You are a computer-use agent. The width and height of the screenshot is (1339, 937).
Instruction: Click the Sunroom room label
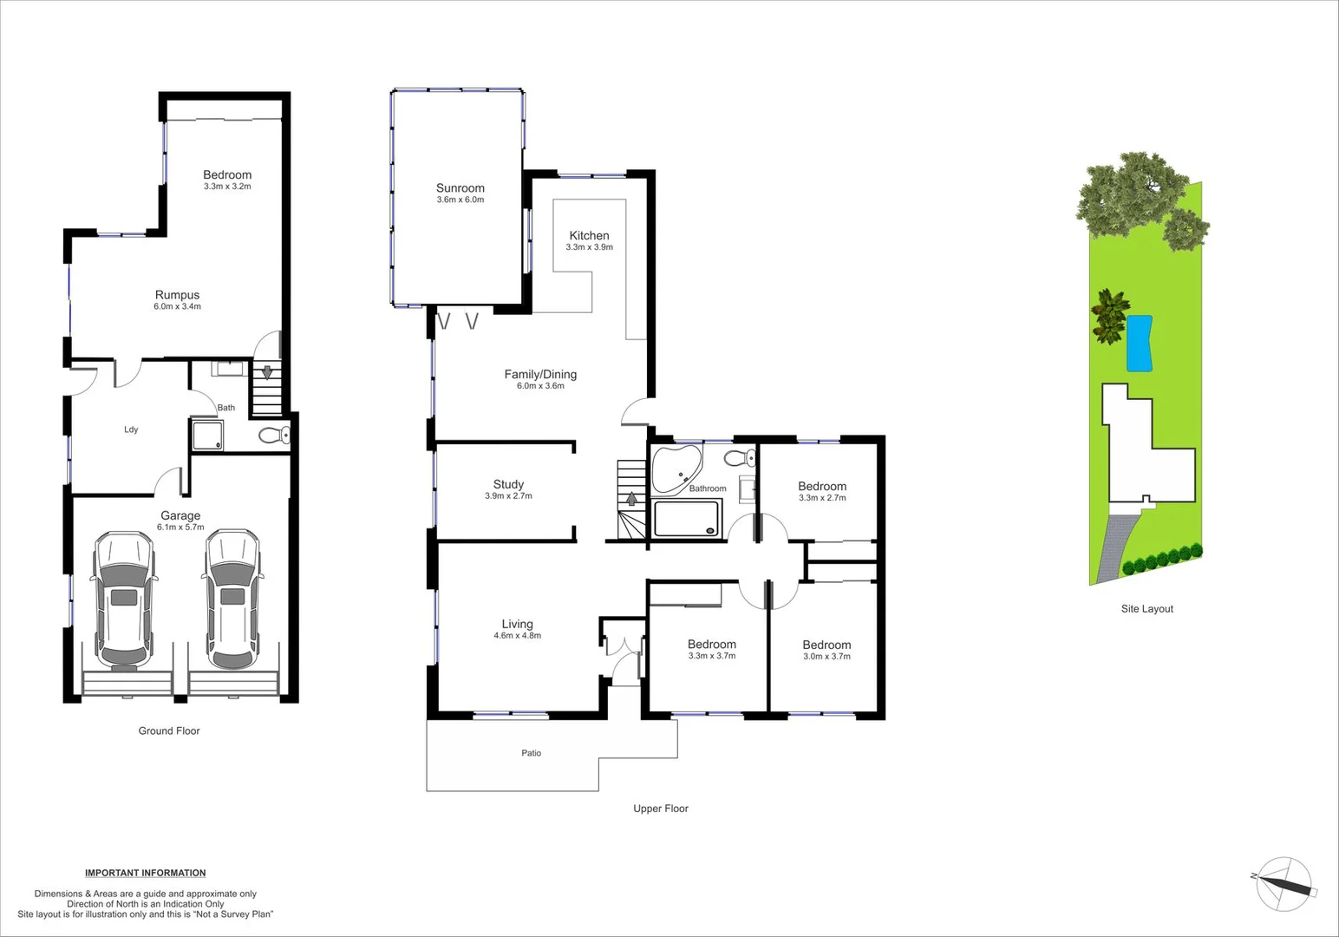pos(460,187)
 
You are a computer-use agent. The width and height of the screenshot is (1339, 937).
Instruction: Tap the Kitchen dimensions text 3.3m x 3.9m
pos(589,247)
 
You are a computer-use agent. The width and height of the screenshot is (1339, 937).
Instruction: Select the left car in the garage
pos(124,600)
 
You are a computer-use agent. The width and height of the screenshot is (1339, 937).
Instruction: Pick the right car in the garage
pos(232,600)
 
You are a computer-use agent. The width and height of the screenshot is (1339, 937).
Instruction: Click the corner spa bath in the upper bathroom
pos(676,468)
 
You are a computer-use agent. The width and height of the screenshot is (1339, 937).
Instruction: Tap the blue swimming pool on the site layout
pos(1139,343)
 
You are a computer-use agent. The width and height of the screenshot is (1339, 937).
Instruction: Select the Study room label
pos(508,484)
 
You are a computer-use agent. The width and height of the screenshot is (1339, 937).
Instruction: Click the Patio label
pos(531,753)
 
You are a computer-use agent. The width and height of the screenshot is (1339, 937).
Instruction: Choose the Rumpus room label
pos(177,295)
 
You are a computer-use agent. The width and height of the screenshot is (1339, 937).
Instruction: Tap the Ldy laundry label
pos(131,429)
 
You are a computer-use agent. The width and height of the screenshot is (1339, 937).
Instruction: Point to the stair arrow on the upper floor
pos(631,499)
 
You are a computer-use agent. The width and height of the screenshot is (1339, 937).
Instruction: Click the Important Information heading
pos(145,873)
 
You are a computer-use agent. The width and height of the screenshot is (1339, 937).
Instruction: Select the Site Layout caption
pos(1146,609)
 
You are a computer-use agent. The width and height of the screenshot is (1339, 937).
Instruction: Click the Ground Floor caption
pos(169,731)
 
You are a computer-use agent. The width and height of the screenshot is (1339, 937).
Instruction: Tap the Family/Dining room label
pos(540,374)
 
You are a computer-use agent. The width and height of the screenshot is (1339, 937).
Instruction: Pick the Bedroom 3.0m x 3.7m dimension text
pos(826,657)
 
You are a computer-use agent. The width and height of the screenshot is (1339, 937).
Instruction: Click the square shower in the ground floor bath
pos(207,436)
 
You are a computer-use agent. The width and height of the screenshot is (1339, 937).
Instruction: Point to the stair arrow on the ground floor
pos(267,373)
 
